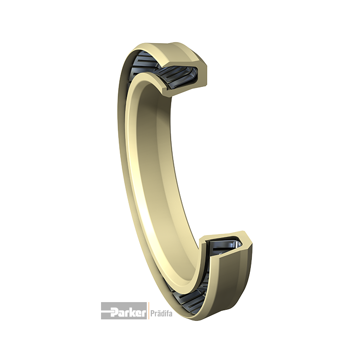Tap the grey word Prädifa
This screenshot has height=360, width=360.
point(161,313)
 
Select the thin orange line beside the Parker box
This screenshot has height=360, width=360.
point(148,311)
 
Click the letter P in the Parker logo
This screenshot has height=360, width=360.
point(114,312)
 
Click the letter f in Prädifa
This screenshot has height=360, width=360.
point(167,313)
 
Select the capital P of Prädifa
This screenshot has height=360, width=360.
point(152,313)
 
